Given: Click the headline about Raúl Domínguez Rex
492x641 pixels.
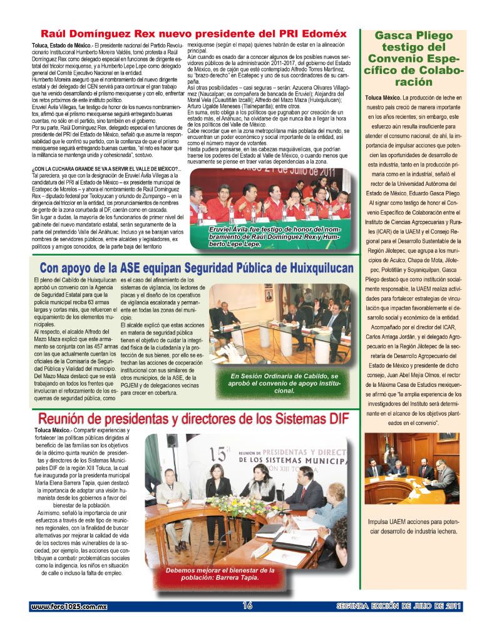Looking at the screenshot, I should pyautogui.click(x=193, y=34).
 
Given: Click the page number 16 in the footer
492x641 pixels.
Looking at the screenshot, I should pyautogui.click(x=247, y=605).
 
